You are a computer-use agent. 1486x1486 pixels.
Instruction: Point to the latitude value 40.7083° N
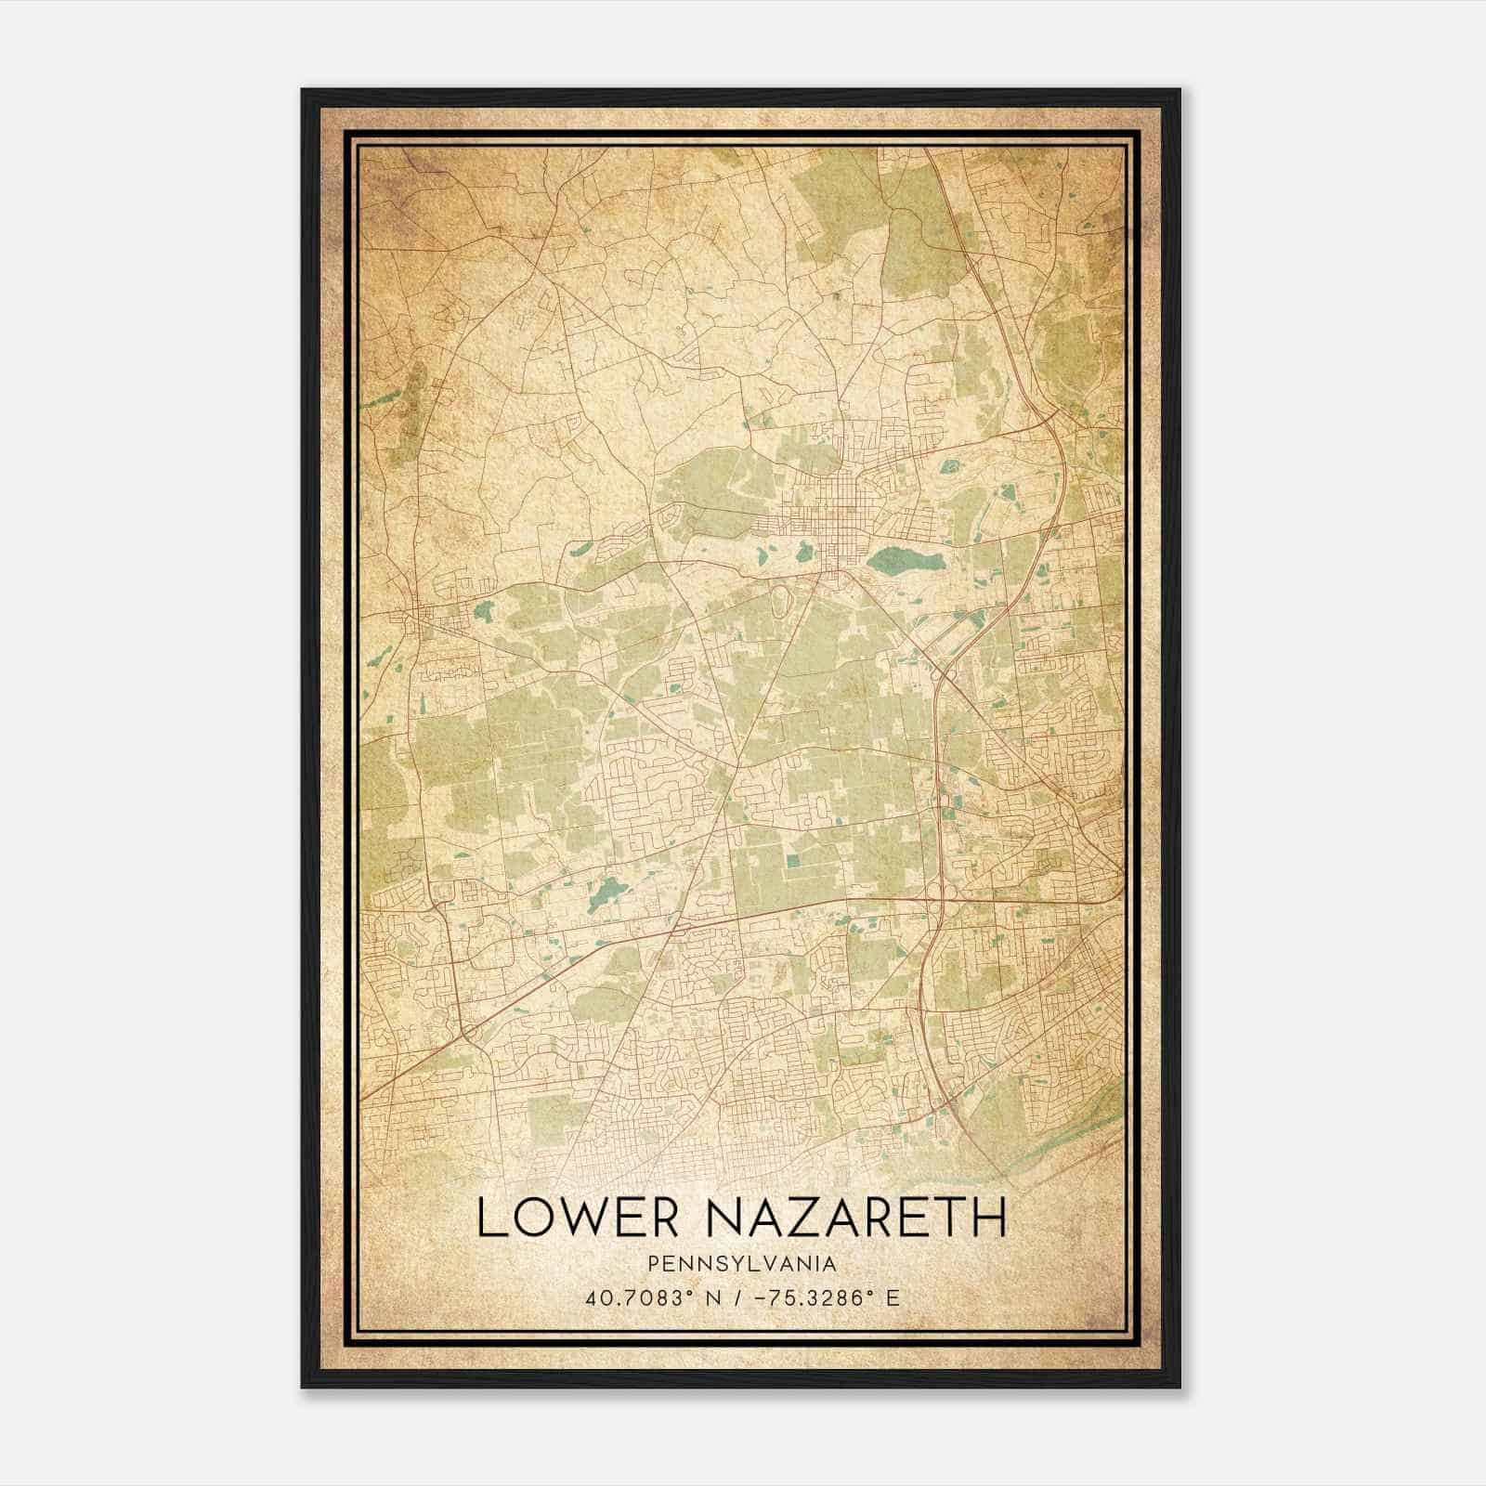coord(643,1297)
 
